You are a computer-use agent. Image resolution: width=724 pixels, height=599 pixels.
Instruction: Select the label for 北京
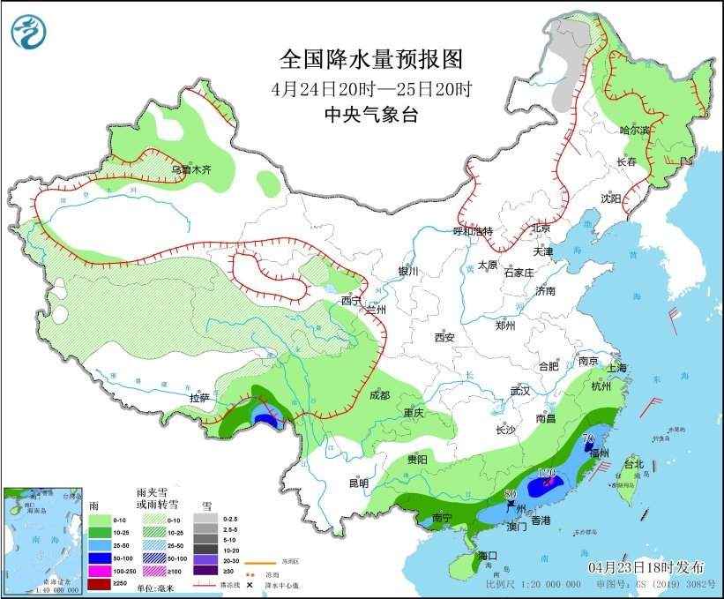click(x=541, y=228)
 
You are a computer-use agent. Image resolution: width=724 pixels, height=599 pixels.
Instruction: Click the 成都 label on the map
click(x=379, y=396)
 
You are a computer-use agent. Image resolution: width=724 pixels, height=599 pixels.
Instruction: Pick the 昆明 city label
click(x=358, y=483)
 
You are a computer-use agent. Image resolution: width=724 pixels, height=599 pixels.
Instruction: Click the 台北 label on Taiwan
click(x=633, y=464)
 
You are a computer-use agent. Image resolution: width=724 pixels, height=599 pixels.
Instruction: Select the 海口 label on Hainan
click(x=488, y=556)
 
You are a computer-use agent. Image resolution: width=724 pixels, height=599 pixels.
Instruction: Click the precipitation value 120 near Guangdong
click(x=546, y=475)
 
